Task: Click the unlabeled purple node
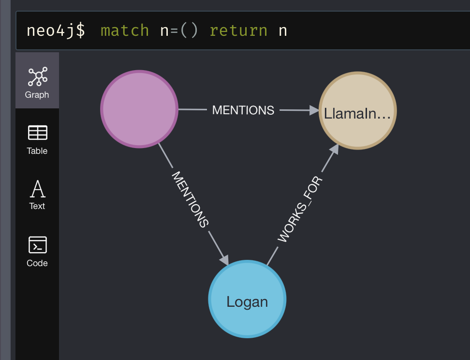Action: pos(139,109)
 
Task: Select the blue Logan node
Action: pos(247,299)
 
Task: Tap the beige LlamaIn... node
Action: pos(357,111)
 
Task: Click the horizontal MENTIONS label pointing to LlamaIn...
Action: pos(243,110)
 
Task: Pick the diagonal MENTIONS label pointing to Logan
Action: pos(190,199)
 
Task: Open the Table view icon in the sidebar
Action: pos(37,133)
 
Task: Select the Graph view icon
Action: pos(37,76)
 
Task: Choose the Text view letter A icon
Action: pos(37,189)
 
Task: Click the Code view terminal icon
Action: pos(37,245)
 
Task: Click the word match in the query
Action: pos(125,30)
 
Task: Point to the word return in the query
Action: pos(238,30)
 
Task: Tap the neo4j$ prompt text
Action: pos(56,30)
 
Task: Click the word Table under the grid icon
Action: pos(37,151)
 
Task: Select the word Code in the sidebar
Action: pos(37,263)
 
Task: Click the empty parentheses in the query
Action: pos(189,30)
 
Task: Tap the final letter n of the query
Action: pos(283,30)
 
